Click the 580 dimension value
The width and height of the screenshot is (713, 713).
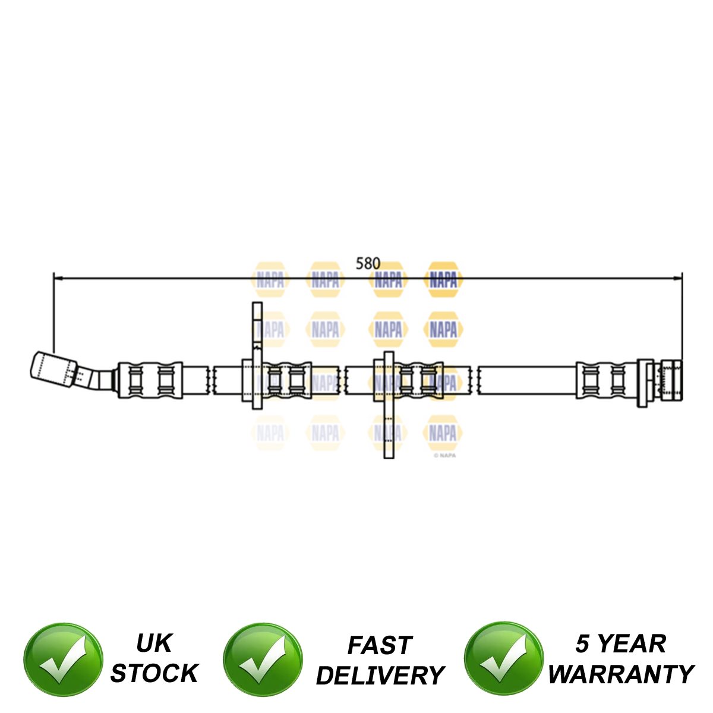(367, 263)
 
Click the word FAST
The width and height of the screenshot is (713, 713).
(380, 645)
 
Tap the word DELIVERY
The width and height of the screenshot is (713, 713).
(380, 676)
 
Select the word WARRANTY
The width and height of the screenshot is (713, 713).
(621, 674)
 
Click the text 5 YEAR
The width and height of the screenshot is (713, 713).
(621, 644)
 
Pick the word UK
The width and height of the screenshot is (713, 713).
(154, 643)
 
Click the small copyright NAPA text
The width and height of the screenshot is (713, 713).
(445, 456)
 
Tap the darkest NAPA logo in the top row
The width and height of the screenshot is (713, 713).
(443, 279)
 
